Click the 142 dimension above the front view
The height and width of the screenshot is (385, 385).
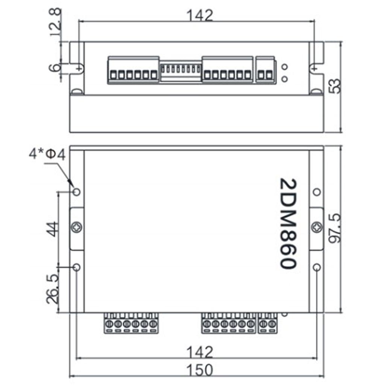(x=200, y=15)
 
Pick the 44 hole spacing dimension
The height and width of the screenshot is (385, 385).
(x=52, y=229)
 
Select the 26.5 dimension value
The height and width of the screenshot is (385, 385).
(x=52, y=289)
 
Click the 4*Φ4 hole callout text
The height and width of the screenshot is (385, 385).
(x=48, y=155)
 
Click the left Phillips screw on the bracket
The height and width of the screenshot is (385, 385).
(x=77, y=227)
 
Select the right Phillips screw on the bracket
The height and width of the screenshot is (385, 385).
(x=317, y=227)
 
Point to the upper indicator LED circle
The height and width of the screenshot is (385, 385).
(x=285, y=67)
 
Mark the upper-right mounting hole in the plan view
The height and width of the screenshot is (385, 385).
(x=317, y=192)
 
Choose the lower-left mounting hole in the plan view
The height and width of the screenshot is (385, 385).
(x=76, y=267)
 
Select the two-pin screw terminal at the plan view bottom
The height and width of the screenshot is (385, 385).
(x=268, y=323)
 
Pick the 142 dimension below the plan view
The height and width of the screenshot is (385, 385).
(x=200, y=352)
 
